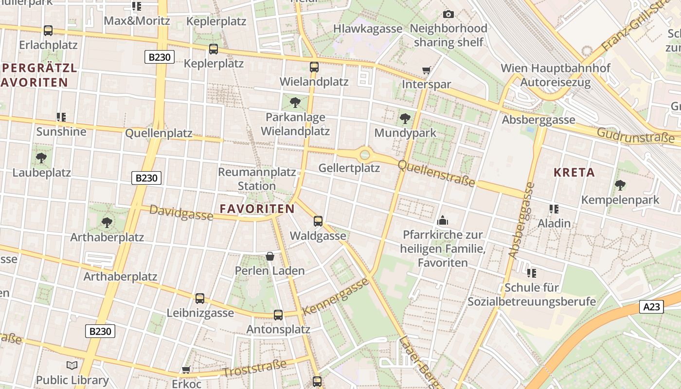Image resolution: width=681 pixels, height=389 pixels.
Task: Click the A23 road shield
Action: pos(651,307)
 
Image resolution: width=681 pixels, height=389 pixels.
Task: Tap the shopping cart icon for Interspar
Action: pos(427,71)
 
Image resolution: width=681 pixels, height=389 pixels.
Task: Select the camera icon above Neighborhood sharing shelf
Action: pos(448,15)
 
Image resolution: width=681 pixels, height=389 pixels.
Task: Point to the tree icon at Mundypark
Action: pos(405,118)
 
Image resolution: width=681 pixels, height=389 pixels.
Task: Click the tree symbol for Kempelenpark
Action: pos(620,185)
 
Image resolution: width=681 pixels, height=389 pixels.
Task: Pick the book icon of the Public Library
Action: pos(72,365)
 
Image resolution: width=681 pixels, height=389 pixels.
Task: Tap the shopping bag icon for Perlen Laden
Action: pos(270,256)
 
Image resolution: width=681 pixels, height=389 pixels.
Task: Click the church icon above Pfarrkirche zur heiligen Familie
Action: pos(442,220)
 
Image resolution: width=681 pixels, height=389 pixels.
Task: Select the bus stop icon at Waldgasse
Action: pos(318,221)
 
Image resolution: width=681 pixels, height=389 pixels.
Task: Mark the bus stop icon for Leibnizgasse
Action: pos(200,299)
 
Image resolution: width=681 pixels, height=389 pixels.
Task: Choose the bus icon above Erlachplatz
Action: pos(48,30)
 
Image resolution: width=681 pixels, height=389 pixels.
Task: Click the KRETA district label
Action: pos(574,173)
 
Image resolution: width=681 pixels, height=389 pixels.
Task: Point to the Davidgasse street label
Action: pos(181,212)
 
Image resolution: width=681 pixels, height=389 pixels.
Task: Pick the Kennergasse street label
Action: pos(336,297)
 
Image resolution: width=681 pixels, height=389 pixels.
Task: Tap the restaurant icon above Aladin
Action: pos(554,209)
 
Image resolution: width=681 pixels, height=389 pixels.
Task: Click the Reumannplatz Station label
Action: pos(257,179)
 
